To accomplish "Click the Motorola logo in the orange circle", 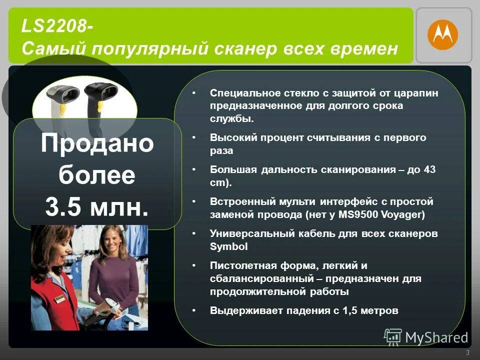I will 442,34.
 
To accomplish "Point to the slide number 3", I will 467,353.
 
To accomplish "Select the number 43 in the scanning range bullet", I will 429,169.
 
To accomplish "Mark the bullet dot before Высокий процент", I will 193,137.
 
